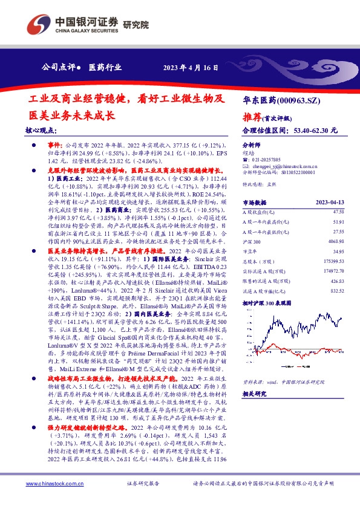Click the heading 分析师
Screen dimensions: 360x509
[250, 146]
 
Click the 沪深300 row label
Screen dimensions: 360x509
[252, 241]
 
